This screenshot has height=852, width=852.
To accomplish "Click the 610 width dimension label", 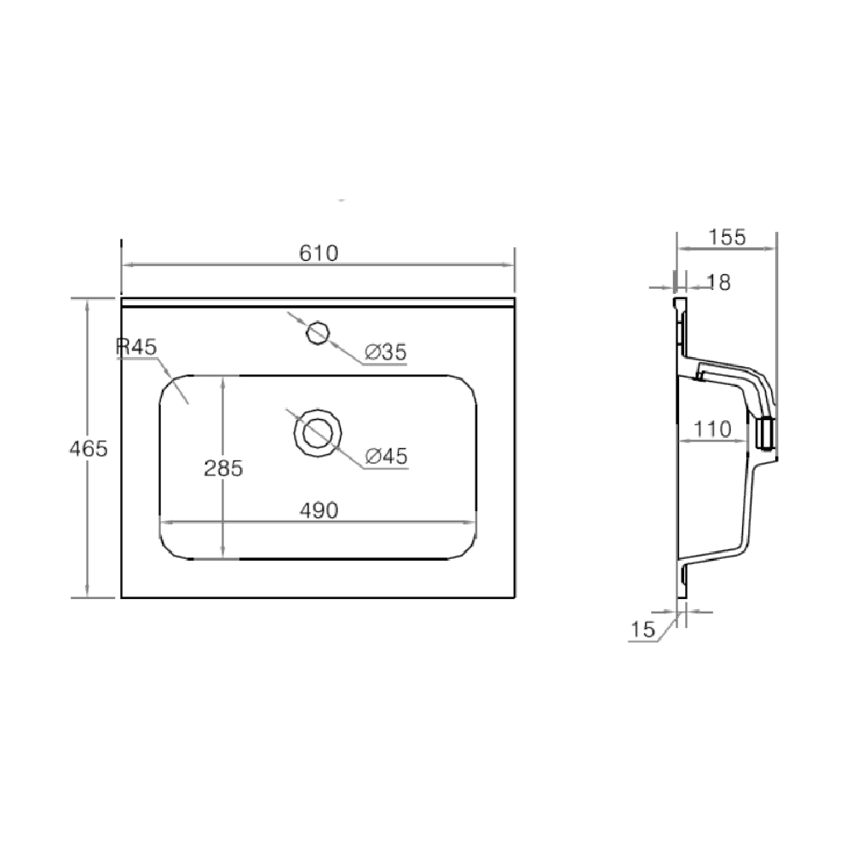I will [x=319, y=253].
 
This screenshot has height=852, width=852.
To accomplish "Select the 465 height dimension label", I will [x=89, y=448].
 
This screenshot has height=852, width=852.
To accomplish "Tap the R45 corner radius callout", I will [x=136, y=347].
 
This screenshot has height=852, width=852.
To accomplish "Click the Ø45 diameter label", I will [x=386, y=457].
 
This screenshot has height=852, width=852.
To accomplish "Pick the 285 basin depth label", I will [x=223, y=468].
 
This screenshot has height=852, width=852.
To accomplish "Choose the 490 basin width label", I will [x=319, y=509].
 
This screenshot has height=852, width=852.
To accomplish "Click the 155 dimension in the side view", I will [x=727, y=238].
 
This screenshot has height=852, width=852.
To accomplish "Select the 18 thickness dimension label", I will [x=719, y=282].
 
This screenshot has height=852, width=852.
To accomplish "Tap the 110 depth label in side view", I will [x=711, y=429].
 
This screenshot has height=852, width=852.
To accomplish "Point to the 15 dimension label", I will [x=642, y=630].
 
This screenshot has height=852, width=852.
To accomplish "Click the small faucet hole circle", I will [x=318, y=332].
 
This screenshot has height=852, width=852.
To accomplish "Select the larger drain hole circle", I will [x=319, y=433].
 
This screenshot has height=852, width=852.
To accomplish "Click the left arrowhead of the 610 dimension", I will [x=126, y=265].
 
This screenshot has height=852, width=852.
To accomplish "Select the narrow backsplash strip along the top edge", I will [x=319, y=302].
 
